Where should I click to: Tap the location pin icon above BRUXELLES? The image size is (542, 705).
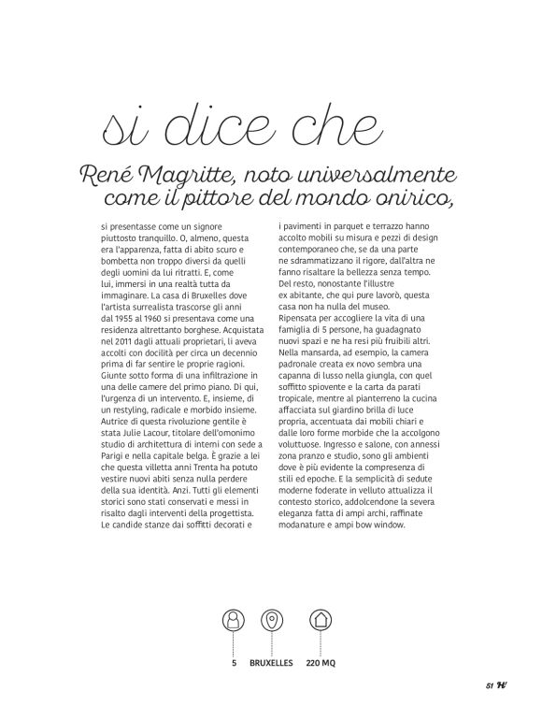point(272,620)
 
